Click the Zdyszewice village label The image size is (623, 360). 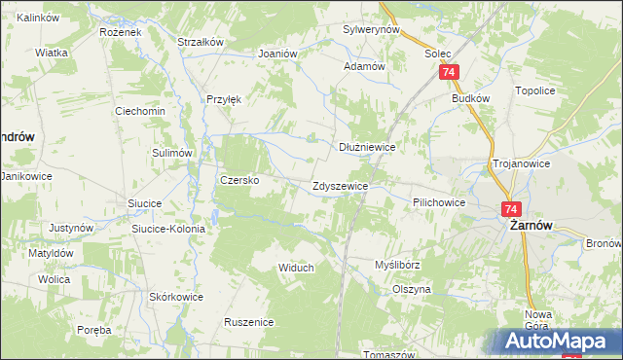click(340, 185)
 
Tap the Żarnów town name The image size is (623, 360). click(531, 225)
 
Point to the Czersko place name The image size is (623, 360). click(238, 180)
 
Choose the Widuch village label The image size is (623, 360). click(296, 268)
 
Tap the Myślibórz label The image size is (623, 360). click(397, 265)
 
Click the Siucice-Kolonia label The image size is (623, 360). click(168, 229)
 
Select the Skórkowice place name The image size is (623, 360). click(176, 297)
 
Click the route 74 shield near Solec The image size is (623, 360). click(449, 73)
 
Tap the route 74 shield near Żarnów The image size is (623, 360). click(513, 209)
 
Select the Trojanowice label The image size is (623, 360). click(523, 164)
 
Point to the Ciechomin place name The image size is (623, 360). click(140, 111)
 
